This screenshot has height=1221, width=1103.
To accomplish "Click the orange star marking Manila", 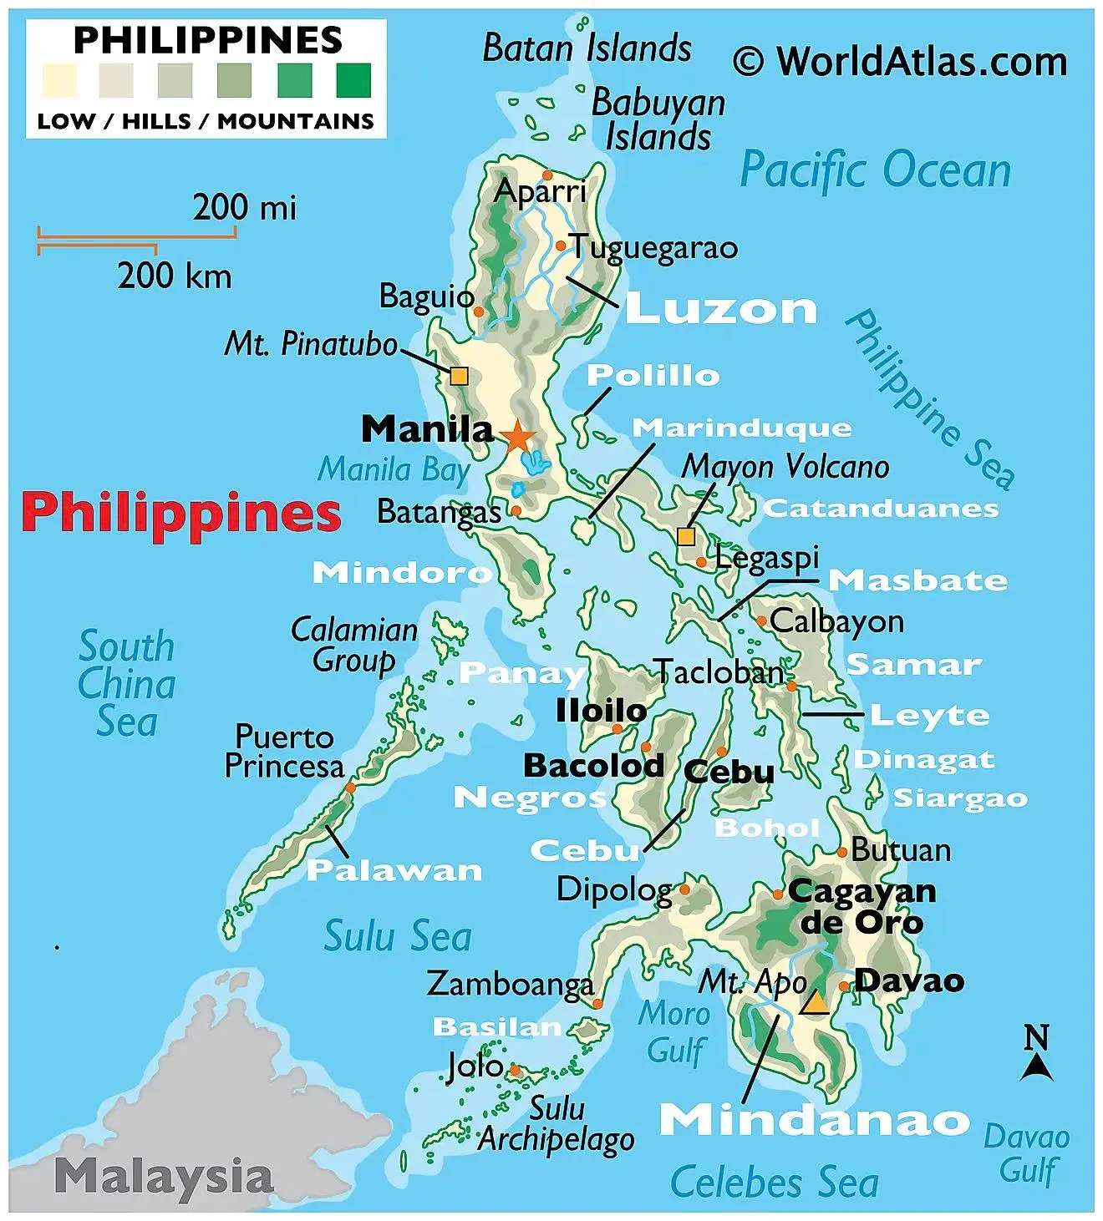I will (x=518, y=436).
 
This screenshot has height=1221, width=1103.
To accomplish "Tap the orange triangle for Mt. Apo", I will (x=815, y=1003).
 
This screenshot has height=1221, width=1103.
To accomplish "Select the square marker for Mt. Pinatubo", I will (x=459, y=376).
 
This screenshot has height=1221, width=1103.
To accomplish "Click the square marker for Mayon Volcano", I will (x=686, y=535).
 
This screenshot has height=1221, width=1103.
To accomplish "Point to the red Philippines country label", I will (x=181, y=513).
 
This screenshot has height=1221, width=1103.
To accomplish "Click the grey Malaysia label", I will (x=164, y=1177).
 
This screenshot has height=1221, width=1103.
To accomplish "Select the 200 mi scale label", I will (x=244, y=207).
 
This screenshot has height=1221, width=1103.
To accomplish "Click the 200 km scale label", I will (x=174, y=276).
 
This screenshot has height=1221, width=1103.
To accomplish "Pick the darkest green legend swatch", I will (x=353, y=81).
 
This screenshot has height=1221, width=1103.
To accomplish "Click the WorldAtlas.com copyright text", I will (x=900, y=62).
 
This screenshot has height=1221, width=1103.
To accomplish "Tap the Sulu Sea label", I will (x=398, y=936).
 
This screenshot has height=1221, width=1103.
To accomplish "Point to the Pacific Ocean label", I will (x=875, y=170).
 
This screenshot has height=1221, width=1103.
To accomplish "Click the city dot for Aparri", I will (x=547, y=175).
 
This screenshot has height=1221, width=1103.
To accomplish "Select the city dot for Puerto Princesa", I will (x=350, y=788).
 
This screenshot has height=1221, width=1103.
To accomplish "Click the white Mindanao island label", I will (x=814, y=1120).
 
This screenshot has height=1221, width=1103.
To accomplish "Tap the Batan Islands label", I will (x=587, y=48).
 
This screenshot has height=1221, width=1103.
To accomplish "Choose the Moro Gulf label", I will (x=675, y=1032).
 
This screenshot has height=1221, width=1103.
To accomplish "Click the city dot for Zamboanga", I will (x=597, y=1003).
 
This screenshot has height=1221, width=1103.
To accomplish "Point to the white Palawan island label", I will (x=394, y=870).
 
